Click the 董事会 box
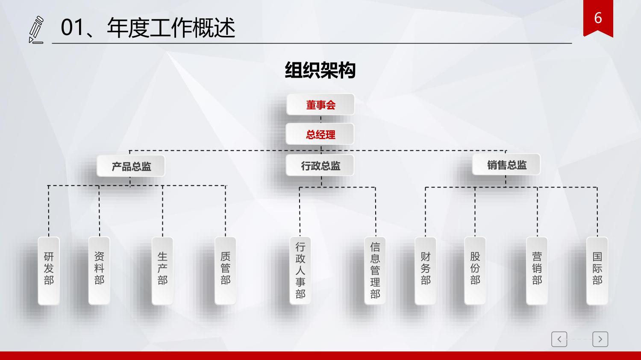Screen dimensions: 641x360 (320, 105)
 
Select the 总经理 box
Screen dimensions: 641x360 (320, 134)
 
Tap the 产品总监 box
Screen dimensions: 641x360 (131, 166)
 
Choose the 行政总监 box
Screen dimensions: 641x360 (320, 165)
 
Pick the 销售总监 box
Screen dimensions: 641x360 (506, 164)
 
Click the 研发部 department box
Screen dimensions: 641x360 (49, 271)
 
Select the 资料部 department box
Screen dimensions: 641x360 (99, 271)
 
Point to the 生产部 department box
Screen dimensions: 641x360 (162, 271)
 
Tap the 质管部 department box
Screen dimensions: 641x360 (226, 271)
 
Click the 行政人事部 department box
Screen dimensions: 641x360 (300, 271)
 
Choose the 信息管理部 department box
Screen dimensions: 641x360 (375, 271)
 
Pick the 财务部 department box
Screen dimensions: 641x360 (426, 271)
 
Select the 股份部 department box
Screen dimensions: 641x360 (475, 271)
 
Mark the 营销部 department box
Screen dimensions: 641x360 (537, 271)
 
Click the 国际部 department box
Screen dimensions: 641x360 (597, 271)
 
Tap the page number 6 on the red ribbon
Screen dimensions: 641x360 (598, 18)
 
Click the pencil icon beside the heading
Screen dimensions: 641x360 (36, 30)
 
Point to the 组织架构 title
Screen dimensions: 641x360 (320, 70)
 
